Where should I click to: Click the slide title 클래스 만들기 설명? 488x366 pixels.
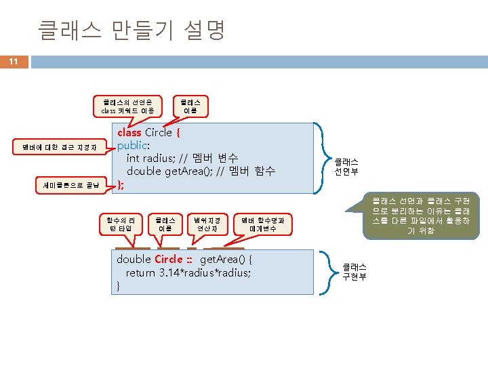(131, 30)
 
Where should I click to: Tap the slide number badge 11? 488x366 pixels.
(14, 62)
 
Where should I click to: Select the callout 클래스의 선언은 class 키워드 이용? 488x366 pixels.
(128, 106)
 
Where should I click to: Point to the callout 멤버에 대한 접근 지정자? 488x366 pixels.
(60, 146)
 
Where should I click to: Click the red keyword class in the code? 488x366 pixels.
(129, 133)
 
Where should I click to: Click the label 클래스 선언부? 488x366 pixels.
(346, 167)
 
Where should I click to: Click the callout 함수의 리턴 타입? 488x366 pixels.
(125, 224)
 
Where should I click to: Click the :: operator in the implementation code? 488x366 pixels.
(190, 260)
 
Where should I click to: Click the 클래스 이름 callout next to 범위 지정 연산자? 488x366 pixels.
(165, 224)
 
